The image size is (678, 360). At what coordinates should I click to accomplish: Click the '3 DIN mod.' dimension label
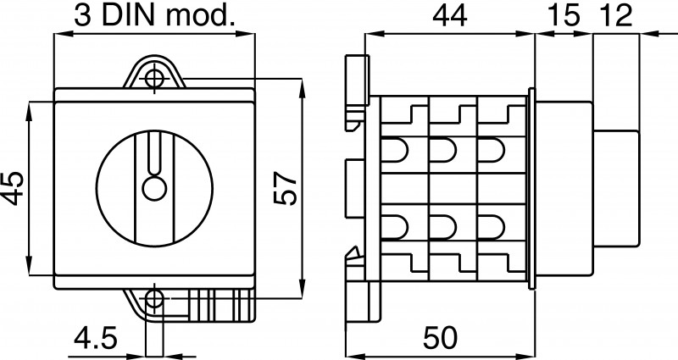154,15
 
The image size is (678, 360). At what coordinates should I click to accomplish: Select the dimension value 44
450,16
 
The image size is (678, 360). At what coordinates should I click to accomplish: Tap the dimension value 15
564,16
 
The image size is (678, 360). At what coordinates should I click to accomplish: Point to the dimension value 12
617,16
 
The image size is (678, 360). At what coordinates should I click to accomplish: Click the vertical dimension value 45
14,188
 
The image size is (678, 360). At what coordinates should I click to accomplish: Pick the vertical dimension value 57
286,188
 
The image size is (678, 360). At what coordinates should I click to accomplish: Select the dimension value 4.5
96,338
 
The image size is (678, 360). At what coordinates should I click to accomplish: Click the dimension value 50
440,337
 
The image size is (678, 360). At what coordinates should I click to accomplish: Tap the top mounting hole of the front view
154,79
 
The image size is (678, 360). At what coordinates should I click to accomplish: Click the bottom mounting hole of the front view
154,298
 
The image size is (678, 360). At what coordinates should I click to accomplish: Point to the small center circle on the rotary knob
154,188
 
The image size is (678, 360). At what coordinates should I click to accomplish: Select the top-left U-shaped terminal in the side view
394,150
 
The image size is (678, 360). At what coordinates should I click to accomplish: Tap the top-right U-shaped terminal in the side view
492,150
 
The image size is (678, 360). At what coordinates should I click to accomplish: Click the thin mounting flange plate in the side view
532,188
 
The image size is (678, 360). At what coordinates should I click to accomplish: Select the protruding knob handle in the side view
616,188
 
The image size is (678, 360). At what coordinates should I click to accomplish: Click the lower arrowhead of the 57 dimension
302,289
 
